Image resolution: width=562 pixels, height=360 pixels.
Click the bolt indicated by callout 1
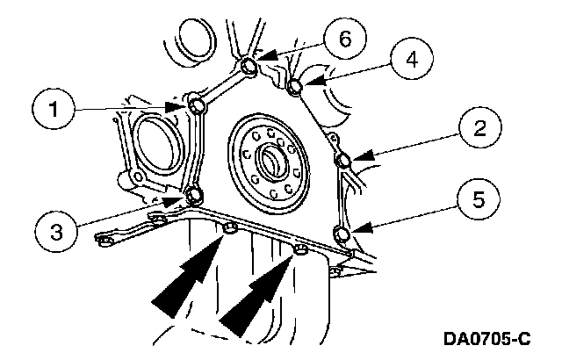click(198, 106)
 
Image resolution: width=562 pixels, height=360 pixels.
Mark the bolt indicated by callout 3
click(196, 193)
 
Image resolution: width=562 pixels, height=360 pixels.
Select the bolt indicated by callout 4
click(296, 84)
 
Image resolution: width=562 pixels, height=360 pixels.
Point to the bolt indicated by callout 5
click(342, 233)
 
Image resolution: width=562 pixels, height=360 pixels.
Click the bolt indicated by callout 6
click(249, 65)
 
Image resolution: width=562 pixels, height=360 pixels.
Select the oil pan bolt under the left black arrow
click(230, 229)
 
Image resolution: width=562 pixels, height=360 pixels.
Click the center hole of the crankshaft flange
click(270, 161)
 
